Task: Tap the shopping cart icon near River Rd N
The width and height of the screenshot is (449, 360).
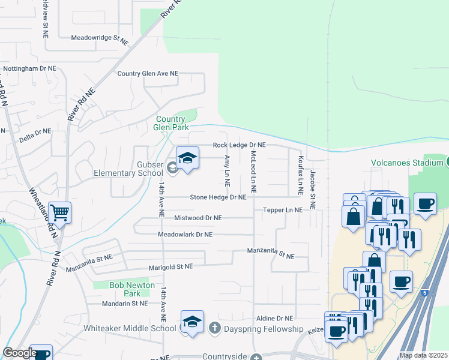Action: pyautogui.click(x=59, y=212)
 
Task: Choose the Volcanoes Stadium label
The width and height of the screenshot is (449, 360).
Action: pyautogui.click(x=406, y=162)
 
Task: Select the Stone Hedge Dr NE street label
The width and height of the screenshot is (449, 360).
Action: pyautogui.click(x=218, y=197)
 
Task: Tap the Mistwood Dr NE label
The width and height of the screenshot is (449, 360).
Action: pyautogui.click(x=197, y=218)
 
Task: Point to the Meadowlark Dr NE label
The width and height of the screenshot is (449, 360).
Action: pyautogui.click(x=185, y=235)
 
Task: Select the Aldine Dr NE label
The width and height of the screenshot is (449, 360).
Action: pyautogui.click(x=274, y=318)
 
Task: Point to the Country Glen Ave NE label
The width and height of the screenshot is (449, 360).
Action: pyautogui.click(x=148, y=73)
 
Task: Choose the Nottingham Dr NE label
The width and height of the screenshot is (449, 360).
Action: pyautogui.click(x=30, y=68)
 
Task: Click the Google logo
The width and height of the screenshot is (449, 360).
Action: pyautogui.click(x=20, y=353)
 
